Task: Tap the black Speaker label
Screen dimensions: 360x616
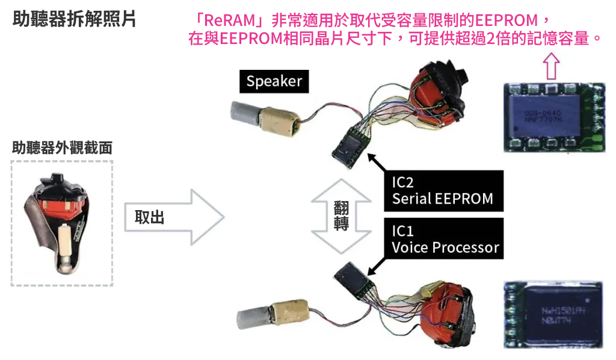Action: (x=274, y=81)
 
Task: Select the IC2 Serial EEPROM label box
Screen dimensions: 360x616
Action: (x=443, y=190)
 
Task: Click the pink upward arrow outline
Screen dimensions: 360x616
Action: (x=550, y=65)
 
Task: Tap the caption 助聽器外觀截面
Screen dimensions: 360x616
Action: (x=62, y=147)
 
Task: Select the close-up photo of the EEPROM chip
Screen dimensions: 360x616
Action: (x=552, y=118)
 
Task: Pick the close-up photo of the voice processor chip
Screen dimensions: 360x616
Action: (x=552, y=314)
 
